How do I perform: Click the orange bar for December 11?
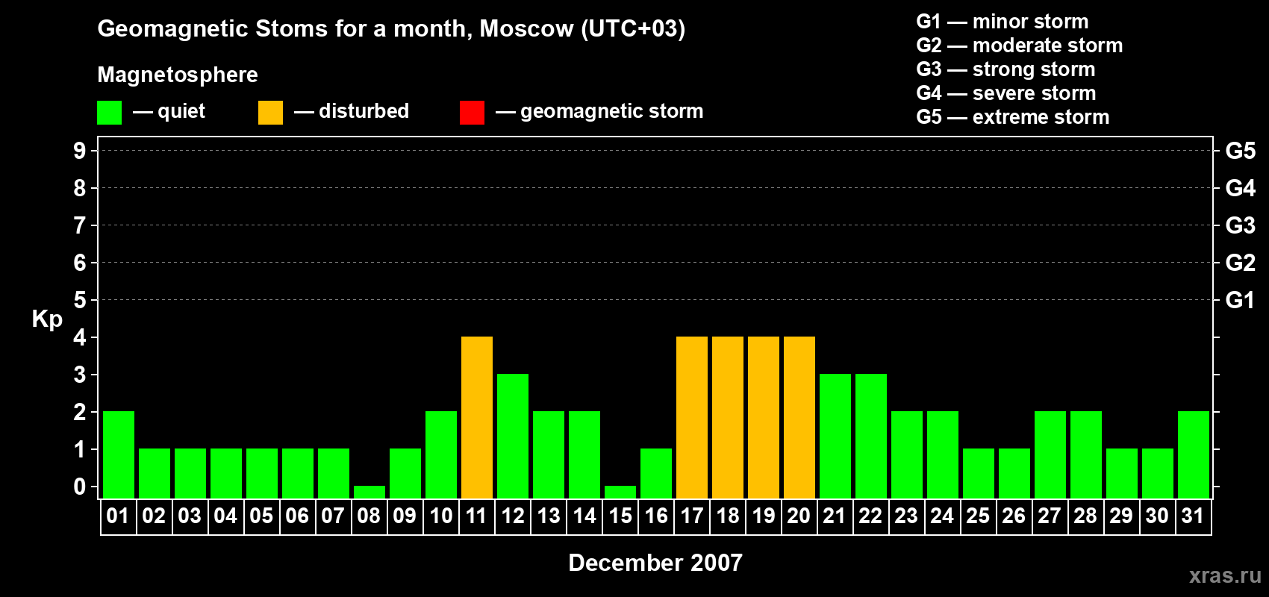coord(477,417)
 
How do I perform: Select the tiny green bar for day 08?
coord(370,493)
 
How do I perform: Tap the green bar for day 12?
coord(513,436)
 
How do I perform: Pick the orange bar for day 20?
coord(799,417)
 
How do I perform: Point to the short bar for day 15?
coord(620,493)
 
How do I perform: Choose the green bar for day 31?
coord(1194,454)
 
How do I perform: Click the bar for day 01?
coord(119,454)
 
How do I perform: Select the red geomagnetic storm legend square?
coord(473,112)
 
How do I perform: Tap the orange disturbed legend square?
coord(270,112)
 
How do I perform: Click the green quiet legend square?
coord(109,112)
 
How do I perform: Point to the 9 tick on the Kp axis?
coord(79,151)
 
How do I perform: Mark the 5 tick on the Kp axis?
coord(79,300)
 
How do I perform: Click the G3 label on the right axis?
coord(1240,225)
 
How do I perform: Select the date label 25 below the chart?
coord(978,516)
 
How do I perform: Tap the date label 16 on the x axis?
coord(656,516)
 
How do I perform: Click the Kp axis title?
coord(47,319)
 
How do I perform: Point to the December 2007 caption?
coord(655,563)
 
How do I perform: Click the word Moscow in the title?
coord(526,28)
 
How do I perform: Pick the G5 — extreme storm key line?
coord(1013,117)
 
